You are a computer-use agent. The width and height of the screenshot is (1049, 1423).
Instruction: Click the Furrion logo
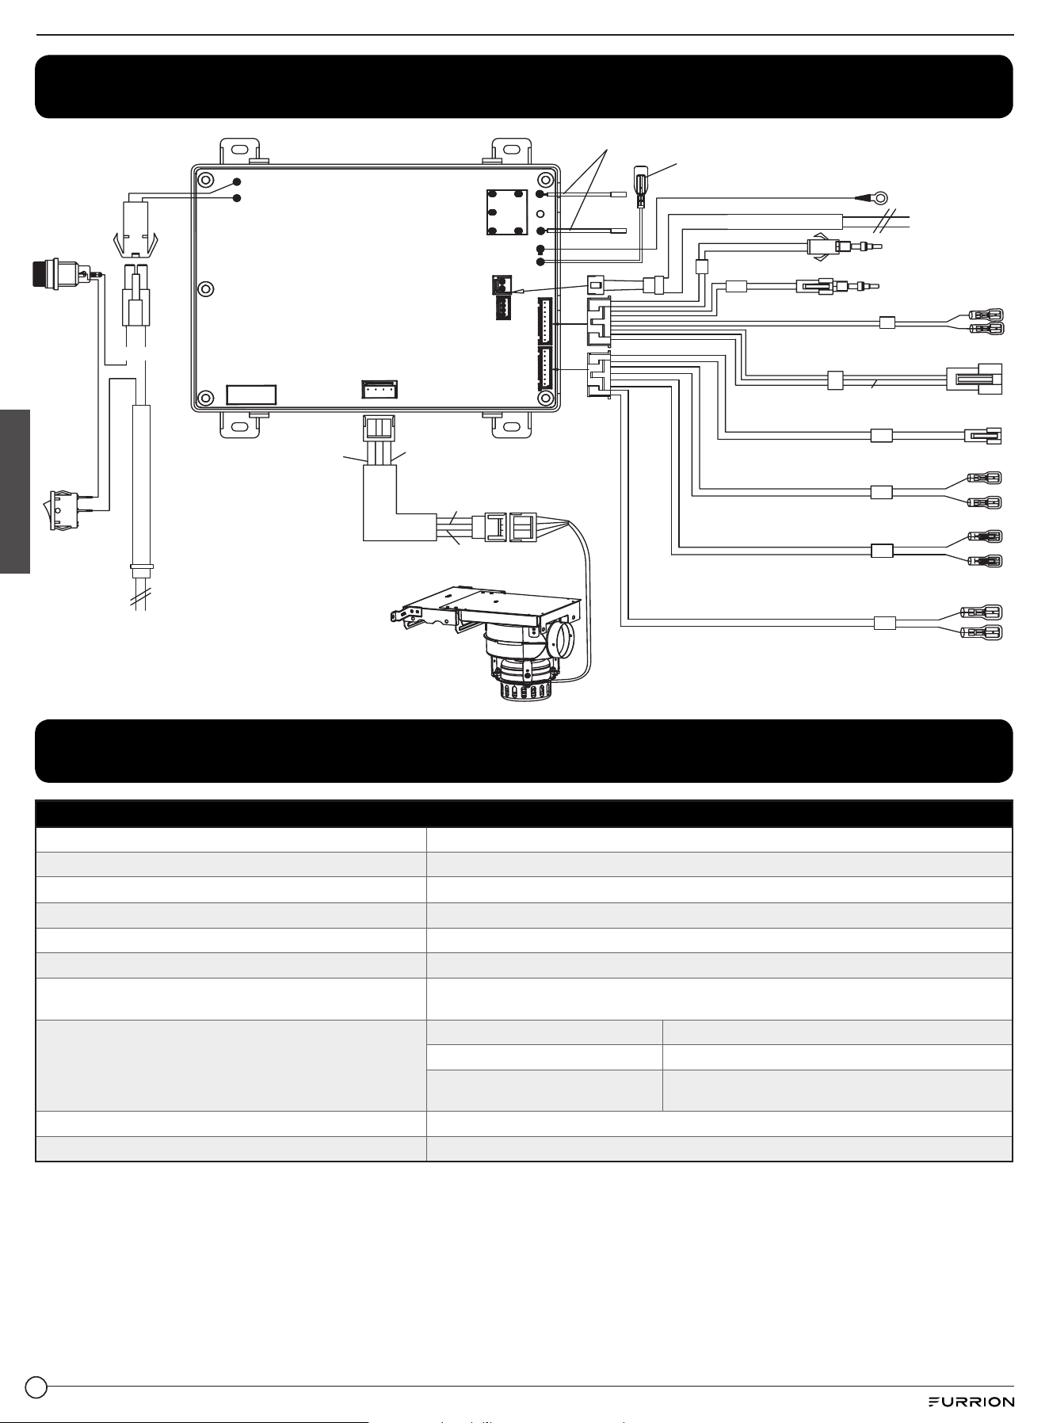click(x=971, y=1402)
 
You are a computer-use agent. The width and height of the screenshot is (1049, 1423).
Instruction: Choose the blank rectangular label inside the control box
click(x=251, y=395)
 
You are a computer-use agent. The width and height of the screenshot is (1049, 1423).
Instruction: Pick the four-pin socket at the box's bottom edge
click(x=380, y=389)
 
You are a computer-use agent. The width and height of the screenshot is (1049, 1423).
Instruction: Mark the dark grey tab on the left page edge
click(x=15, y=492)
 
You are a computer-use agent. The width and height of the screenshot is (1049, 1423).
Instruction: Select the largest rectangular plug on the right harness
click(x=975, y=379)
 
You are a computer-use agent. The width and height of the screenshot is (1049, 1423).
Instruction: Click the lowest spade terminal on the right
click(x=981, y=632)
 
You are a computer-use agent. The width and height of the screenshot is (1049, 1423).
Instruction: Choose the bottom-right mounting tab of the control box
click(x=513, y=425)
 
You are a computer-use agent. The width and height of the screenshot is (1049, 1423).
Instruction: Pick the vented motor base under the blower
click(x=523, y=682)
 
